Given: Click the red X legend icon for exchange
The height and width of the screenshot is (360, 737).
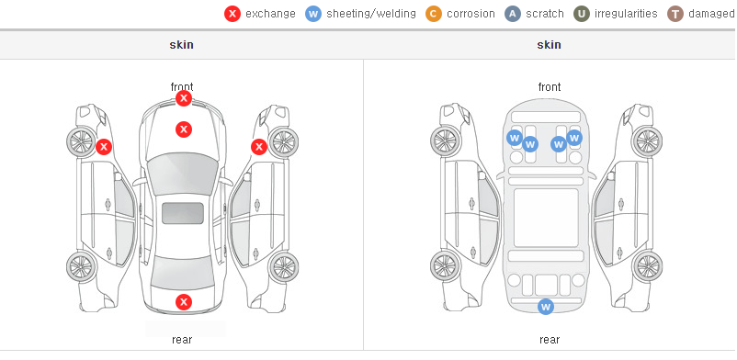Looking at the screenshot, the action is [232, 14].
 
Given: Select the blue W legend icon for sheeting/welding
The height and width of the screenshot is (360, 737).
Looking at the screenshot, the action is [313, 14].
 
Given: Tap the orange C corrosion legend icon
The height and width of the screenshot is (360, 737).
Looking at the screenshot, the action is [434, 14].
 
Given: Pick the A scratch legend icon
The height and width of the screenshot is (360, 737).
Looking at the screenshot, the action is [513, 14].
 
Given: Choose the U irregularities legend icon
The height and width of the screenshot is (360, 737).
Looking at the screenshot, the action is [582, 14].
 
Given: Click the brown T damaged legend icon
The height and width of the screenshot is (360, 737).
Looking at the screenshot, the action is [675, 14].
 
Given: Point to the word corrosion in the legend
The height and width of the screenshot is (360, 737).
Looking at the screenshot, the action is [471, 14].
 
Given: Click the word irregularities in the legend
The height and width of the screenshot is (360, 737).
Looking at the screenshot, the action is [626, 14].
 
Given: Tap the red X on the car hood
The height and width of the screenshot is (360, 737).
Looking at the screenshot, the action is [184, 129].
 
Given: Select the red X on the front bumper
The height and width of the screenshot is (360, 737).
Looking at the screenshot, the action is [184, 98].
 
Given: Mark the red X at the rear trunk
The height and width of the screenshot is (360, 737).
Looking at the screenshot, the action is [184, 302].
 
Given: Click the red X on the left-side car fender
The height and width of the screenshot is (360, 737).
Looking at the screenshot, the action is [104, 147].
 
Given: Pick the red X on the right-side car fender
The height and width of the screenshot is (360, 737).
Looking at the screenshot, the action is [259, 147].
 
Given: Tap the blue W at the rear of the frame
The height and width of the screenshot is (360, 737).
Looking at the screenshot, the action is [546, 307].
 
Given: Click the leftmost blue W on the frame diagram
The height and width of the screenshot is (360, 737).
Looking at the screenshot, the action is [515, 138].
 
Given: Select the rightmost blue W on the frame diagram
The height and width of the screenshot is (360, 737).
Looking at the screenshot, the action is [574, 138].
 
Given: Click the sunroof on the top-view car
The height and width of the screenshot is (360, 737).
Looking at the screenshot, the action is [183, 213].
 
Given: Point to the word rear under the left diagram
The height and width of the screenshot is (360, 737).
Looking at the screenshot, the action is [182, 340].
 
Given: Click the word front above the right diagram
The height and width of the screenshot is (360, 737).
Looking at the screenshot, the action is [550, 87].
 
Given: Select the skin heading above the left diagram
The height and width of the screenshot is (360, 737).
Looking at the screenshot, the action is [181, 45].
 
